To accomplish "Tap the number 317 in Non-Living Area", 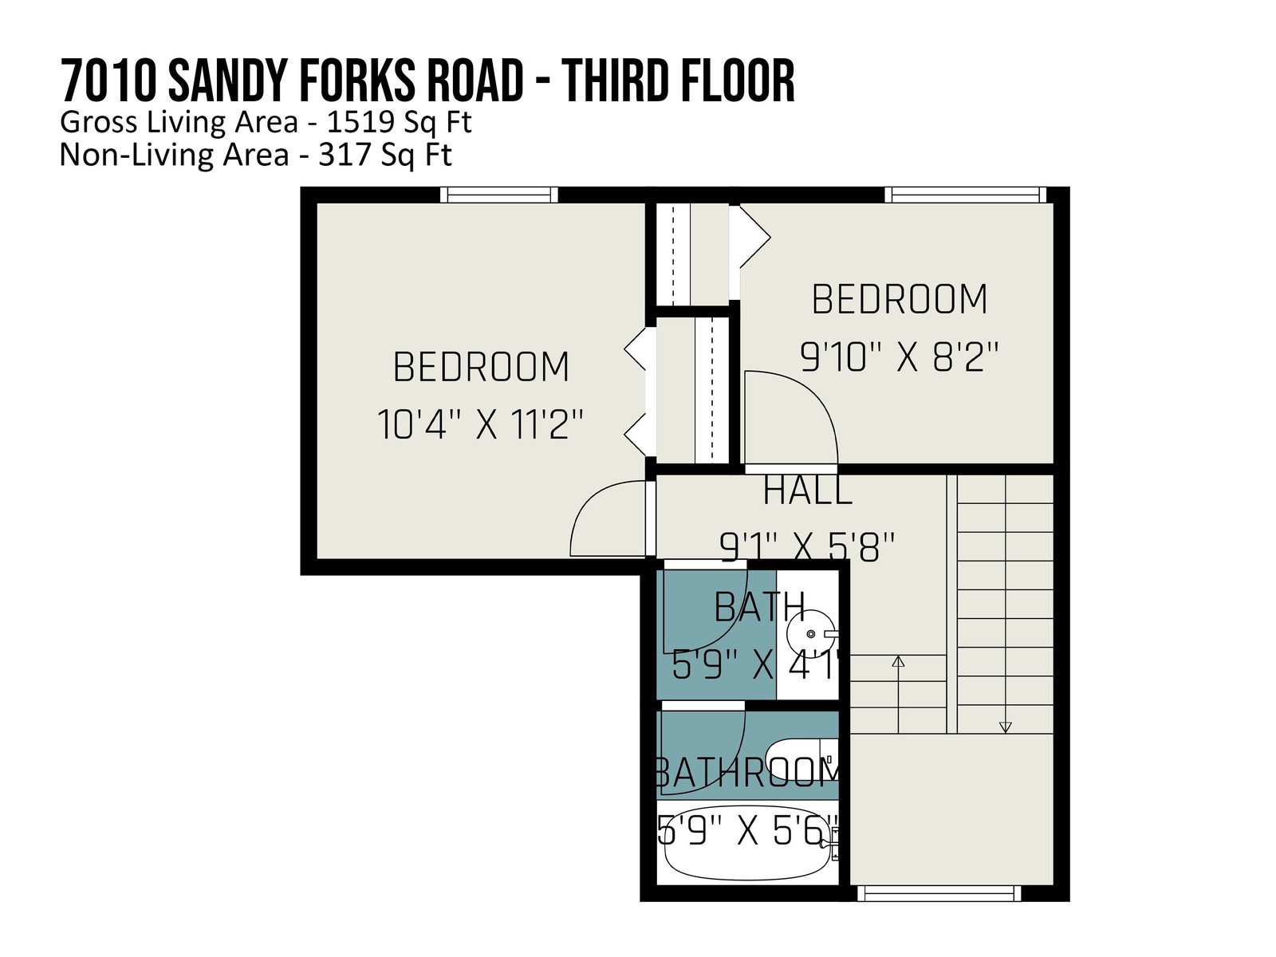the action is (x=338, y=156).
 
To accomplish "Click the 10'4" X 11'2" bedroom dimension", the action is (x=479, y=424).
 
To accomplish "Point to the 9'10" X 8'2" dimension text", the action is (x=900, y=356).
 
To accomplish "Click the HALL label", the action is (x=807, y=490).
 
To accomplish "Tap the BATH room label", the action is (x=760, y=607).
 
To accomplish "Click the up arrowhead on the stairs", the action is (x=898, y=661).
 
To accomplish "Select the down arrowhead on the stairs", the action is (x=1005, y=727).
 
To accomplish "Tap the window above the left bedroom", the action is (x=498, y=195).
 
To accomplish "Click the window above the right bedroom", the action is (x=966, y=195).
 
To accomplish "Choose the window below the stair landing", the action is (x=939, y=893).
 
